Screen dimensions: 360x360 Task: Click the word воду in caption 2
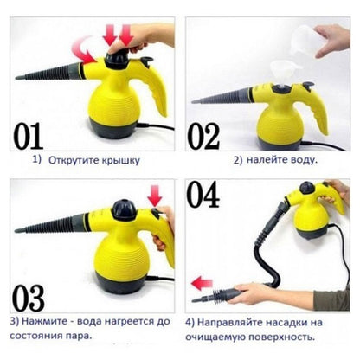pos(303,161)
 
